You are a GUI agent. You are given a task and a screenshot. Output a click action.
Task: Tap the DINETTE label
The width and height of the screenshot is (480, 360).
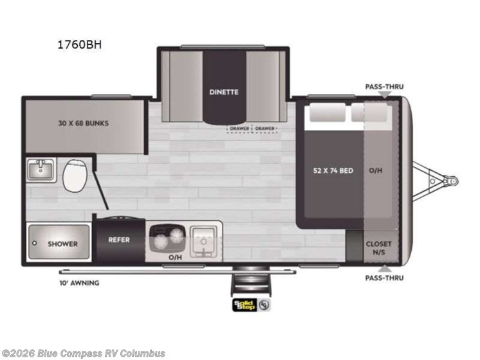tap(223, 91)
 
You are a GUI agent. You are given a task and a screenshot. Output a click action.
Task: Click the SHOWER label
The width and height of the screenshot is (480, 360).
tap(62, 244)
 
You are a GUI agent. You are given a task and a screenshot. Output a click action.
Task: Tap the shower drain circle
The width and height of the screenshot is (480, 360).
tap(34, 244)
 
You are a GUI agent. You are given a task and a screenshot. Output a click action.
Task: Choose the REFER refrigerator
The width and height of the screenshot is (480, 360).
tap(118, 240)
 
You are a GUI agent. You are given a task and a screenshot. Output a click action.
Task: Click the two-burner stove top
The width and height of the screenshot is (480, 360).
tap(165, 239)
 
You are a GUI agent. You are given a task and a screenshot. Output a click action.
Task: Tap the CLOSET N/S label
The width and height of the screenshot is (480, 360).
tap(378, 248)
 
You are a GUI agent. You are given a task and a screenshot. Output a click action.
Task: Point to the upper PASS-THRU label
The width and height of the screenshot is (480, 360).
tap(384, 85)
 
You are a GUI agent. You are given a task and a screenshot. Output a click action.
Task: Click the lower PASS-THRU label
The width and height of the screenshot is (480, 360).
tap(384, 278)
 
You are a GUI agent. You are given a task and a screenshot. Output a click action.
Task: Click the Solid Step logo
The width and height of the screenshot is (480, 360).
tap(245, 305)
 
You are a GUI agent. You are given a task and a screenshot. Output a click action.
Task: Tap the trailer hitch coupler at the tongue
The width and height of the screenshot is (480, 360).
tap(453, 181)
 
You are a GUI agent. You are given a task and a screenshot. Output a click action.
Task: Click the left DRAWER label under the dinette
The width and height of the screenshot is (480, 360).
tap(239, 128)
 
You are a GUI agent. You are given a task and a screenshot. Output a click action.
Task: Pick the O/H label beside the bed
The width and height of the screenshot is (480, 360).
tap(376, 170)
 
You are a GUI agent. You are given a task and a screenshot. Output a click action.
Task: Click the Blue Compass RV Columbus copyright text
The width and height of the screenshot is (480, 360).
tap(84, 353)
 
